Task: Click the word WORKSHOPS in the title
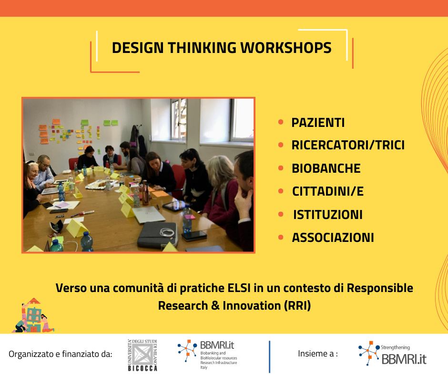coord(285,48)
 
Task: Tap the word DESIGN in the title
coord(138,48)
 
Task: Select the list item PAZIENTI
coord(318,123)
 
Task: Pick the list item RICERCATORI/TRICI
coord(348,145)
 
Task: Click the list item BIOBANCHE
coord(326,168)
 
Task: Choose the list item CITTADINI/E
coord(328,191)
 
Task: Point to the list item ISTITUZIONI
coord(328,215)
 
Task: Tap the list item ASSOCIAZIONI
coord(333,238)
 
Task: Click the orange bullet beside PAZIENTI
coord(281,122)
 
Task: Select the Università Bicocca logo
coord(143,355)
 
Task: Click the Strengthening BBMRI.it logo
coord(392,354)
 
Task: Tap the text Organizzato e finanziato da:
coord(60,354)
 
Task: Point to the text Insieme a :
coord(318,354)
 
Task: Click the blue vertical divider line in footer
coord(269,356)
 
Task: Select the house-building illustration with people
coord(33,315)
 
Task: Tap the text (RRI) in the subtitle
coord(297,305)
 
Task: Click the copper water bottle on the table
coord(145,193)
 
